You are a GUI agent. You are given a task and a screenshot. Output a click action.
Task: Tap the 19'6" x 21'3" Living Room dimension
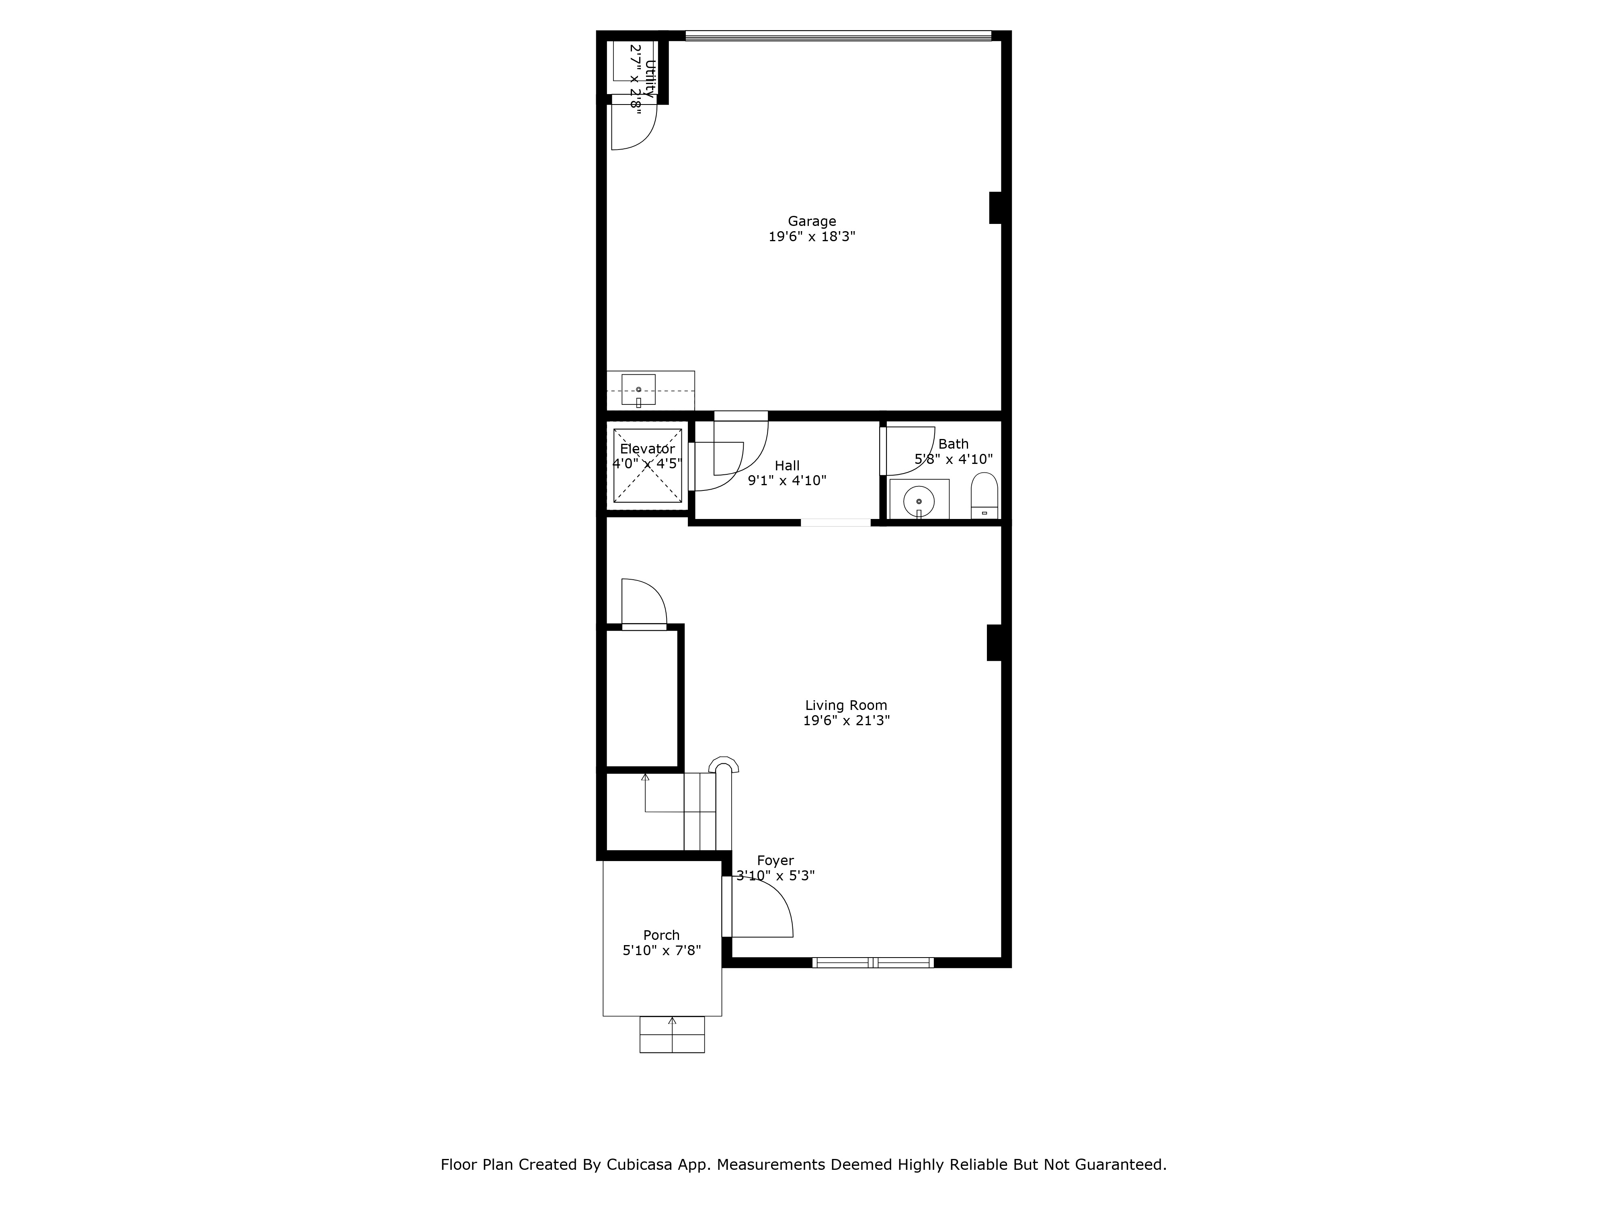pos(846,720)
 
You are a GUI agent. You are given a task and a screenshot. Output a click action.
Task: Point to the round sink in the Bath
pos(919,501)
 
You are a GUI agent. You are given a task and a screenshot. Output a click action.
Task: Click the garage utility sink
pos(638,390)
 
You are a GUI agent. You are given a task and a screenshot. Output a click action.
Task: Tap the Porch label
pos(661,935)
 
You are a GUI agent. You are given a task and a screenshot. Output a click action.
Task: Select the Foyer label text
pos(775,860)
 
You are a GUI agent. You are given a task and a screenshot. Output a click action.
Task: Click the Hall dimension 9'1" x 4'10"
pos(787,480)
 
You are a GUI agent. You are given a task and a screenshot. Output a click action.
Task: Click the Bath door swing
pos(909,451)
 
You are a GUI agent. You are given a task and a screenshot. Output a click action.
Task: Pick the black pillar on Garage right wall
pos(995,208)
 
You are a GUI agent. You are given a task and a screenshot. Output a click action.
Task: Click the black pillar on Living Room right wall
pos(994,643)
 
